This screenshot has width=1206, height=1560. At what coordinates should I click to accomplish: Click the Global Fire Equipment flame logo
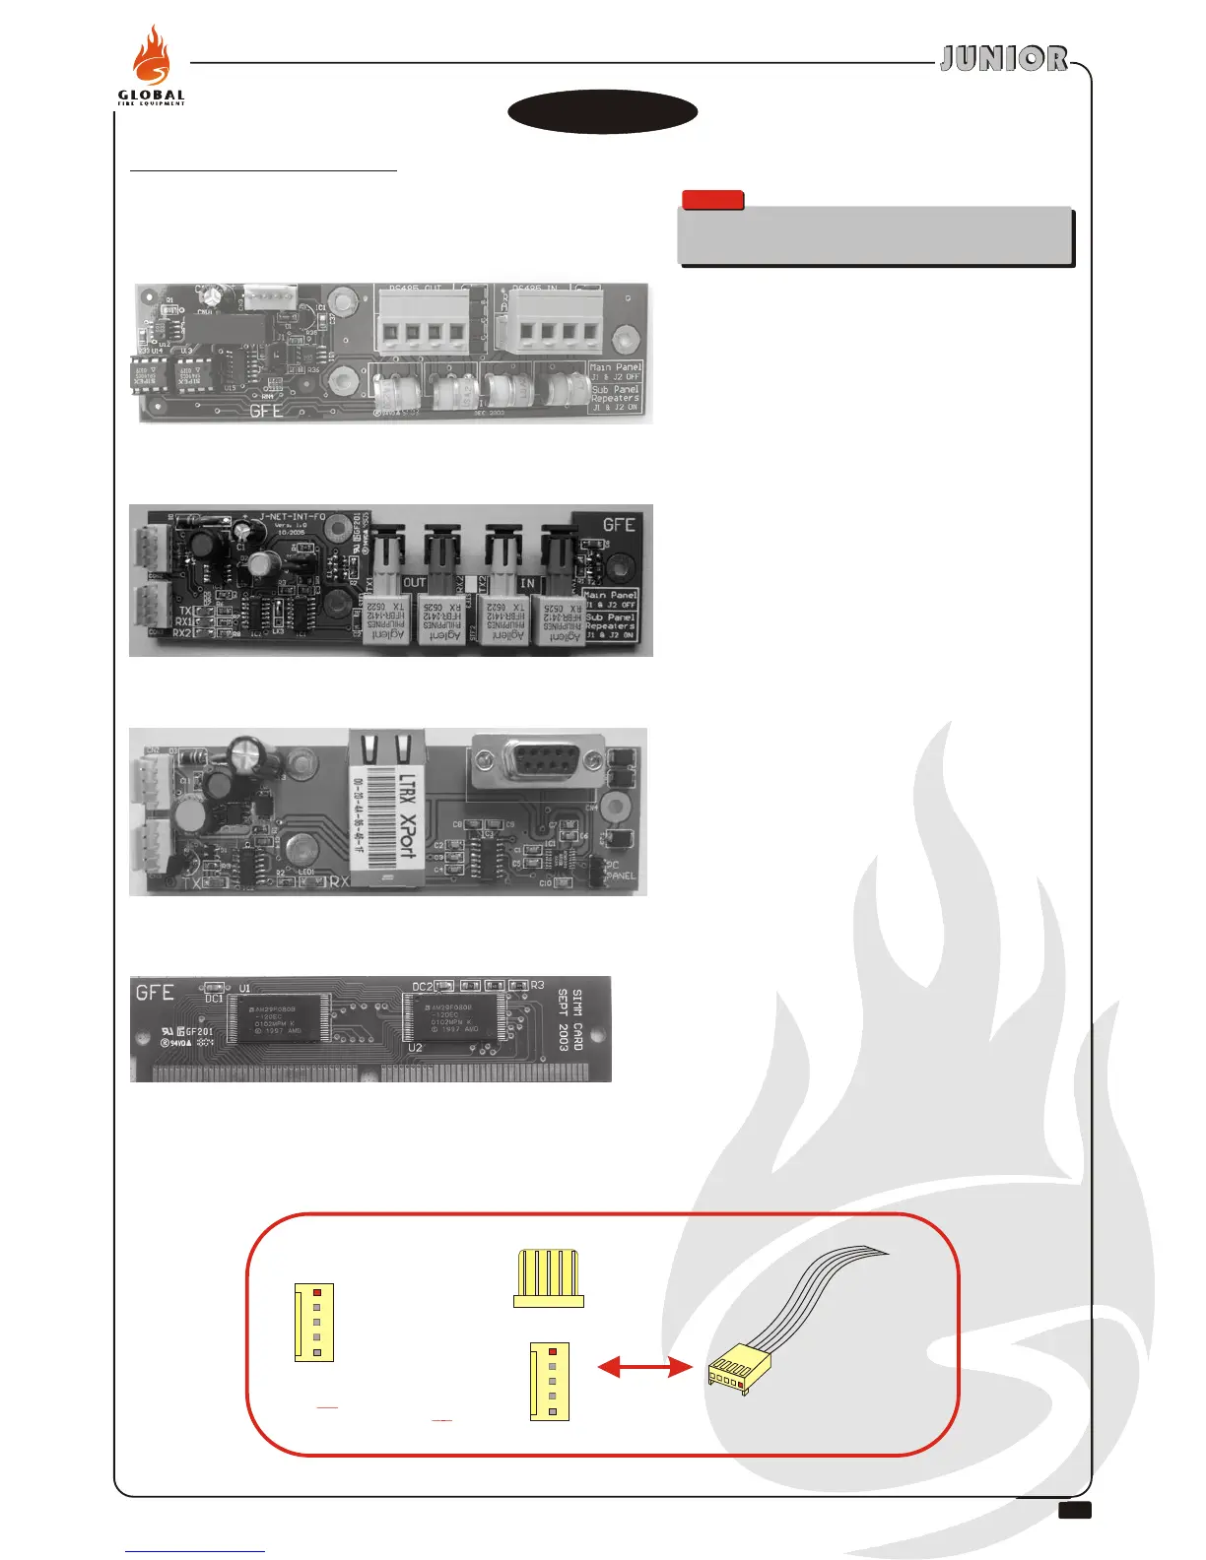[151, 67]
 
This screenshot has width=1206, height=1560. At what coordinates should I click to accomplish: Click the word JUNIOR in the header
[1003, 59]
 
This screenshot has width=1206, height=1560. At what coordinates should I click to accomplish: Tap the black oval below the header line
[603, 112]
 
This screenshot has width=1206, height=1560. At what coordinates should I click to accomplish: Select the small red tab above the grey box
[712, 200]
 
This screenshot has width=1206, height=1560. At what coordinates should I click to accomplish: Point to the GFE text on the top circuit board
[266, 410]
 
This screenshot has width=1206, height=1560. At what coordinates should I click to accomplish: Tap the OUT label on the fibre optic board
[414, 583]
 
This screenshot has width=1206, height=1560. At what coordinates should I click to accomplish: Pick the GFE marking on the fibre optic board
[619, 524]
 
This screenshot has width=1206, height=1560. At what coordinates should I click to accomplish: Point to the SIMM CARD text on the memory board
[576, 1019]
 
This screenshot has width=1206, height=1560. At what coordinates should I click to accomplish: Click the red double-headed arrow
[641, 1367]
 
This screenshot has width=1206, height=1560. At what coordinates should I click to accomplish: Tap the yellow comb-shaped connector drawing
[549, 1279]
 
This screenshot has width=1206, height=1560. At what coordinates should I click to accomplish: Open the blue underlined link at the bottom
[195, 1550]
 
